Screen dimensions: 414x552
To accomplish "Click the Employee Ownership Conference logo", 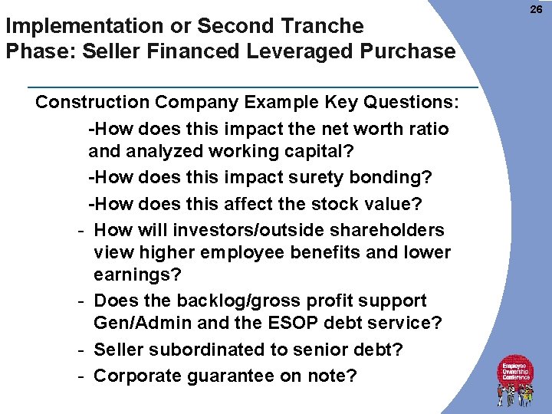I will [x=517, y=380].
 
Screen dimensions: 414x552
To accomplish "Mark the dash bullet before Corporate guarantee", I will [x=80, y=376].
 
